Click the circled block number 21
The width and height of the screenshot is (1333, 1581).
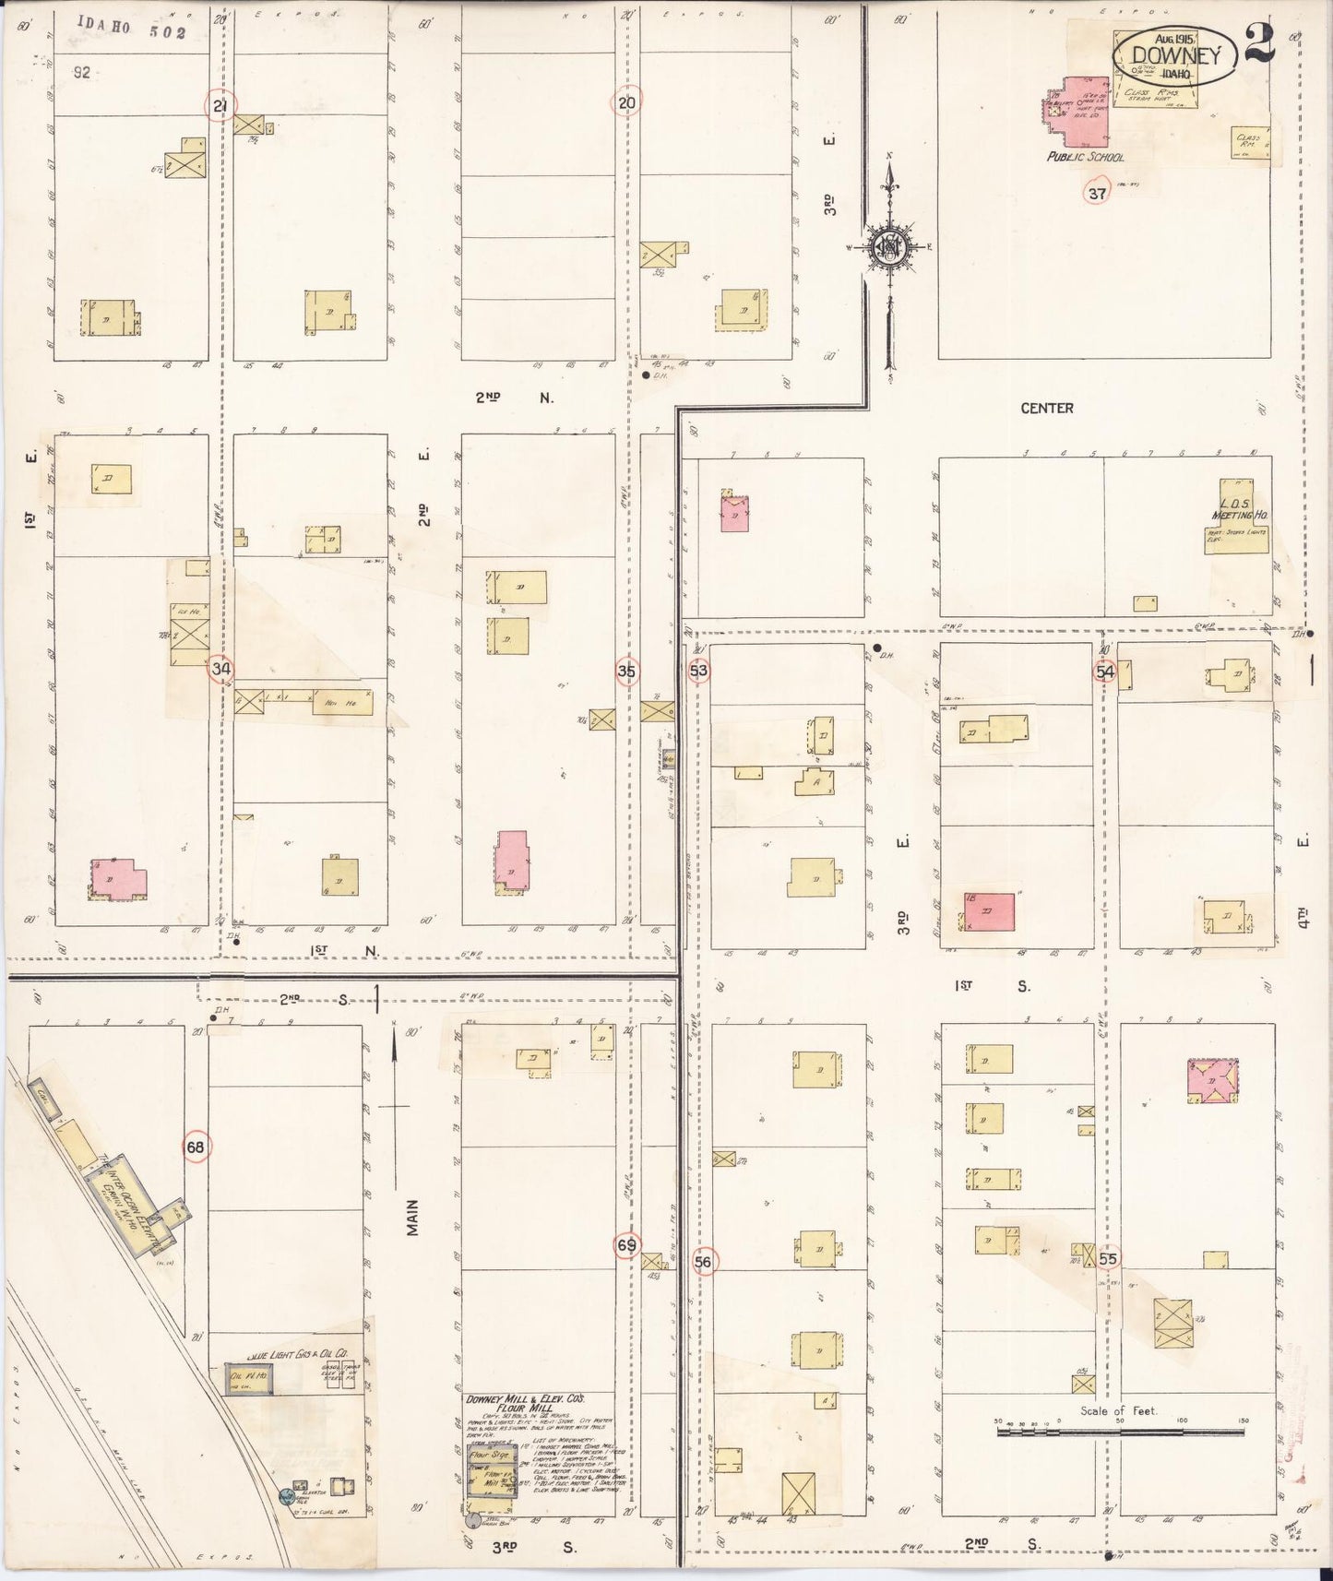point(220,106)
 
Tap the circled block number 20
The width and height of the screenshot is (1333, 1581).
point(627,103)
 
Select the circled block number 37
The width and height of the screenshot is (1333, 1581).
point(1097,194)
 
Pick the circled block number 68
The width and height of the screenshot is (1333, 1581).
point(196,1147)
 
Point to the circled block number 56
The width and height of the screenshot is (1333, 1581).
point(704,1262)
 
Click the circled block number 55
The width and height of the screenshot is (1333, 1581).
point(1108,1258)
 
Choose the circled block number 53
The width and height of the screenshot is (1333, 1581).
point(699,671)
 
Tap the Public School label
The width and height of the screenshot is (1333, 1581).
point(1085,158)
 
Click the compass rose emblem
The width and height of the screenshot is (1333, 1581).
point(889,247)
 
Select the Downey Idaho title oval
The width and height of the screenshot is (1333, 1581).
point(1174,57)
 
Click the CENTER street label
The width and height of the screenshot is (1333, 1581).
point(1047,408)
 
